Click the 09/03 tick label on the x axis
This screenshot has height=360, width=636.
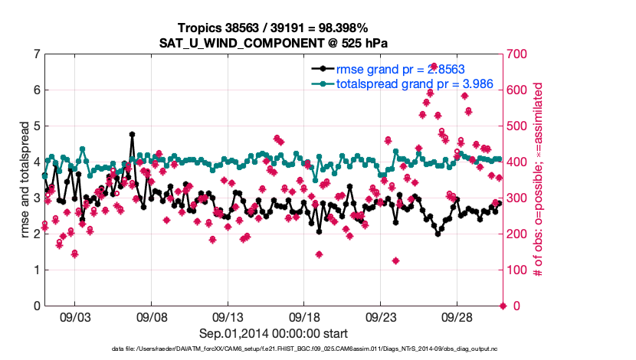coord(74,316)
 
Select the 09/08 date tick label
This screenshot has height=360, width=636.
coord(151,316)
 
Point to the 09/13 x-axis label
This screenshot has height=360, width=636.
coord(228,316)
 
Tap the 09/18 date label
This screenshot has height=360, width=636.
coord(304,316)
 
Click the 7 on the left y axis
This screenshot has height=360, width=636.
coord(37,54)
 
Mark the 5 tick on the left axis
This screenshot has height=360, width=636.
coord(37,126)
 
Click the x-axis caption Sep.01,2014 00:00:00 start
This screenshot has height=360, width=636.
coord(274,333)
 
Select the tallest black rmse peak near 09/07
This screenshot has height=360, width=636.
coord(132,134)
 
